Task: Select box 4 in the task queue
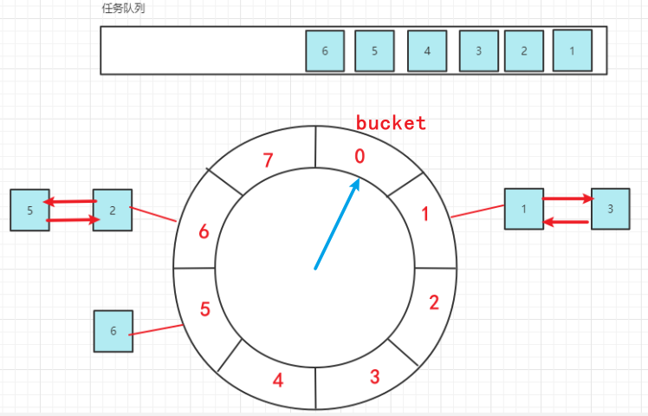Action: pos(427,51)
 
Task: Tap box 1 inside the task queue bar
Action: pos(572,50)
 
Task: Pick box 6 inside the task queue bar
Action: pos(325,51)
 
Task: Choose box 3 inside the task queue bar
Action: pos(479,51)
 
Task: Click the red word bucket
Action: pos(392,123)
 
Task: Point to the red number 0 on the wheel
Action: pos(360,157)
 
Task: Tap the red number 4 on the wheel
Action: pos(277,380)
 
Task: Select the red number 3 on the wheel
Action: pos(374,376)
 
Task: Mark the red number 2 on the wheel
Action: pos(433,302)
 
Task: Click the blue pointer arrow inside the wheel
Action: pos(337,224)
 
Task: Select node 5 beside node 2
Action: pos(30,211)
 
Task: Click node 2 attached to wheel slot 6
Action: pos(113,210)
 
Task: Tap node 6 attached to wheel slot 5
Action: pos(113,331)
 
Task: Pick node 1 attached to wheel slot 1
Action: pos(524,209)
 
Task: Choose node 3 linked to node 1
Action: pos(611,209)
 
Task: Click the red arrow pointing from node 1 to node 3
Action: pos(567,199)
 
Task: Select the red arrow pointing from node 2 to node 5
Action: pos(71,202)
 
